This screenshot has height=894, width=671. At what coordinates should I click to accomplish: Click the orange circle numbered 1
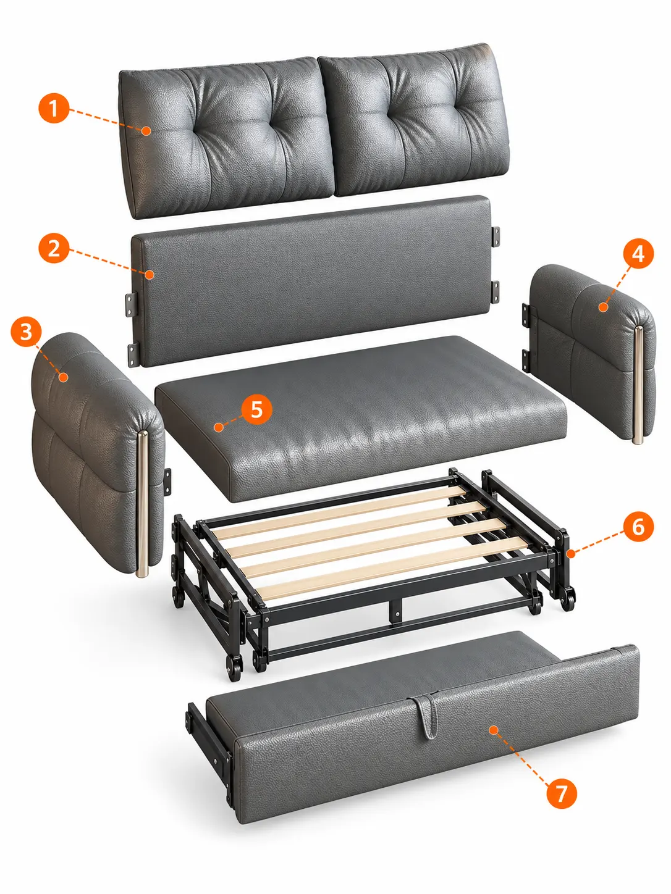pos(54,108)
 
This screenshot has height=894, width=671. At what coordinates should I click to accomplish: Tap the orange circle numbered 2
pos(54,248)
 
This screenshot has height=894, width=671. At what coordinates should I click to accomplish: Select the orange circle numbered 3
pos(26,332)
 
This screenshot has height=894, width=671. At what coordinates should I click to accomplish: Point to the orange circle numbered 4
pos(638,253)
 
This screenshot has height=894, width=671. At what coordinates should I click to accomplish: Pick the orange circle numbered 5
pos(256,409)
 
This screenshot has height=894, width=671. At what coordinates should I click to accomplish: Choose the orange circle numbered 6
pos(638,527)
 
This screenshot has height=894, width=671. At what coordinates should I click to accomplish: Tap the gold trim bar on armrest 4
pos(638,385)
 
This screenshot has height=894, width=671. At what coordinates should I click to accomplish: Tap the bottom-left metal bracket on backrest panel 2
pos(134,354)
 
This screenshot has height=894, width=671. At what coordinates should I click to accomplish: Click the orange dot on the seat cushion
pos(219,427)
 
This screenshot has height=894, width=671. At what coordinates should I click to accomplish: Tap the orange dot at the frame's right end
pos(571,554)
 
